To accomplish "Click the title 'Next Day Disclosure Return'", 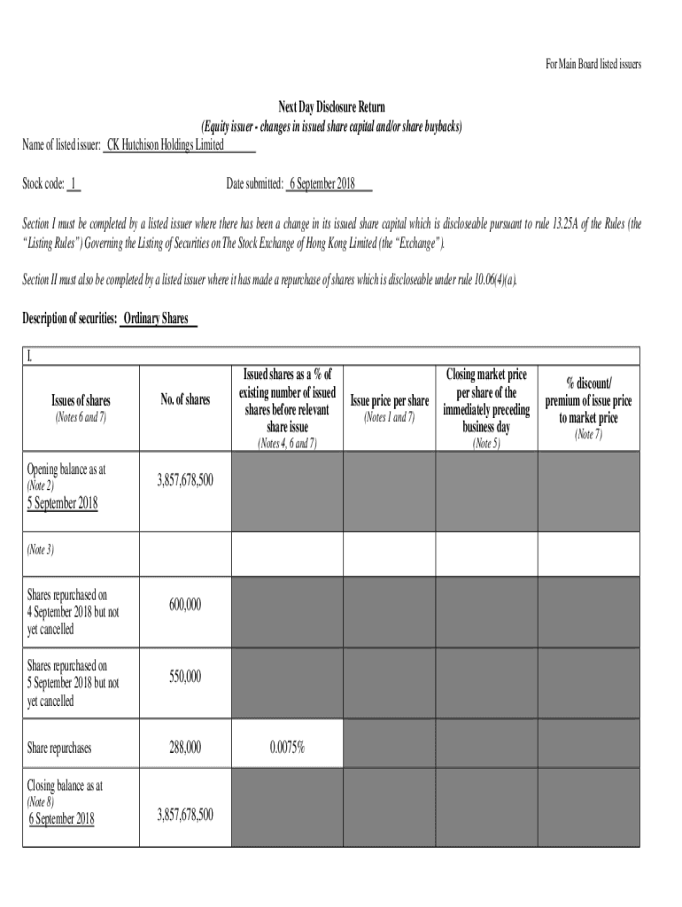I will [x=334, y=108].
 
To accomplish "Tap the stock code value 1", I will [x=74, y=184].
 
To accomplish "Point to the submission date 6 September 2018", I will [x=322, y=184].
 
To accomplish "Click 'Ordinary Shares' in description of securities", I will [x=156, y=319].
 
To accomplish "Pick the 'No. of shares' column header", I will [x=185, y=400].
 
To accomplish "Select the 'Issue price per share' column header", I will [x=390, y=400].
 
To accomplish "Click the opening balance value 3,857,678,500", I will [x=185, y=479].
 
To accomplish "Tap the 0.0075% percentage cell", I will [x=287, y=748].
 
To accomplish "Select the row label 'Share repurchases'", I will [x=59, y=748].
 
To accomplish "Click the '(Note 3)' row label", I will [x=41, y=549].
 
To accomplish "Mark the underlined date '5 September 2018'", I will [x=62, y=503].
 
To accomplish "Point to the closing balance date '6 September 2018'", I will [x=61, y=818].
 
